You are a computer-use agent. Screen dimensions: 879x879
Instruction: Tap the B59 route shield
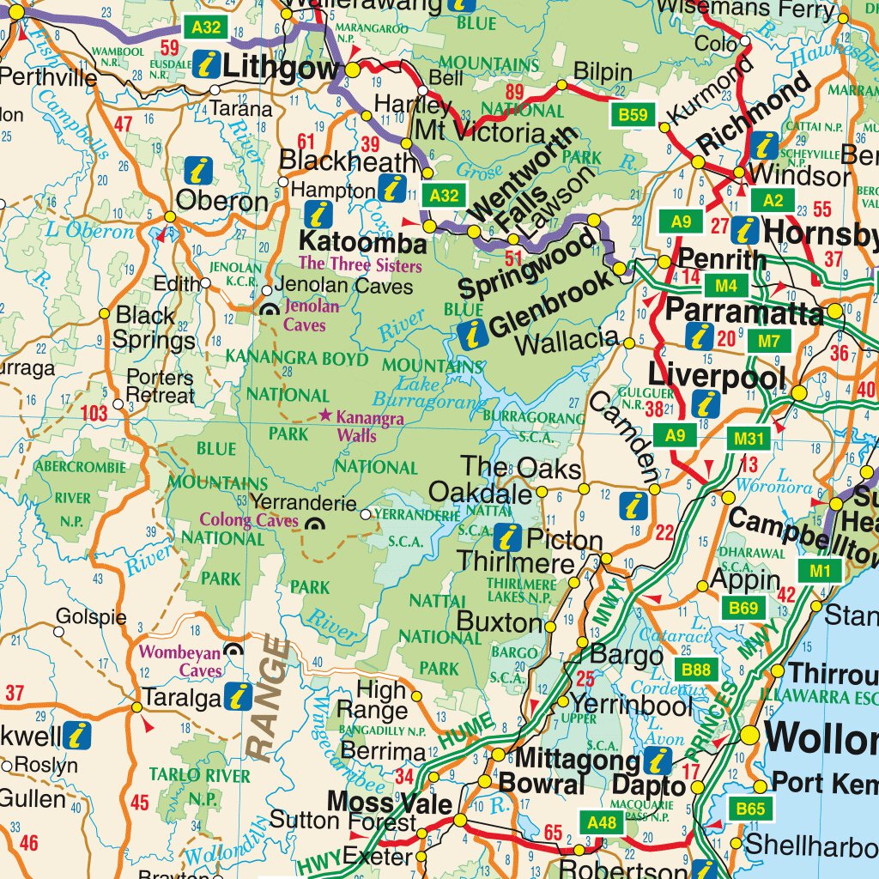[x=633, y=113]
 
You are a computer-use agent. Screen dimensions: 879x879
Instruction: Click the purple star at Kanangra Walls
[x=325, y=415]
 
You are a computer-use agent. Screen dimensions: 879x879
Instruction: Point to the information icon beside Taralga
[x=238, y=698]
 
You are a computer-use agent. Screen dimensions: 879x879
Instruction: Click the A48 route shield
[x=601, y=823]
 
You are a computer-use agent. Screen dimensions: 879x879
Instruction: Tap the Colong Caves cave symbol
[x=315, y=524]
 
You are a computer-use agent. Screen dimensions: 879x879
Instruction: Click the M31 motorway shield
[x=749, y=439]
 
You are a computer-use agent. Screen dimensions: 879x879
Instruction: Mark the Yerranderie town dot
[x=367, y=514]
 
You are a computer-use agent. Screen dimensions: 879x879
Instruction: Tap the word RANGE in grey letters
[x=268, y=697]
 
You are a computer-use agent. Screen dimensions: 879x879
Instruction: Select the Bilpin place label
[x=602, y=72]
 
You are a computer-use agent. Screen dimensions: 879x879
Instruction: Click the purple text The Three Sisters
[x=360, y=264]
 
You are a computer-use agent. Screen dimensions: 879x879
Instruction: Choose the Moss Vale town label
[x=389, y=803]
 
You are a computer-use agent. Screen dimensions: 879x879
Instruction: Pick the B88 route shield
[x=697, y=669]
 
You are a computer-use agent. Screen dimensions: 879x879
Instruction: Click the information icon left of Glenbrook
[x=472, y=334]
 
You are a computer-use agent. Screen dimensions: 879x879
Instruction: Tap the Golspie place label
[x=91, y=616]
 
